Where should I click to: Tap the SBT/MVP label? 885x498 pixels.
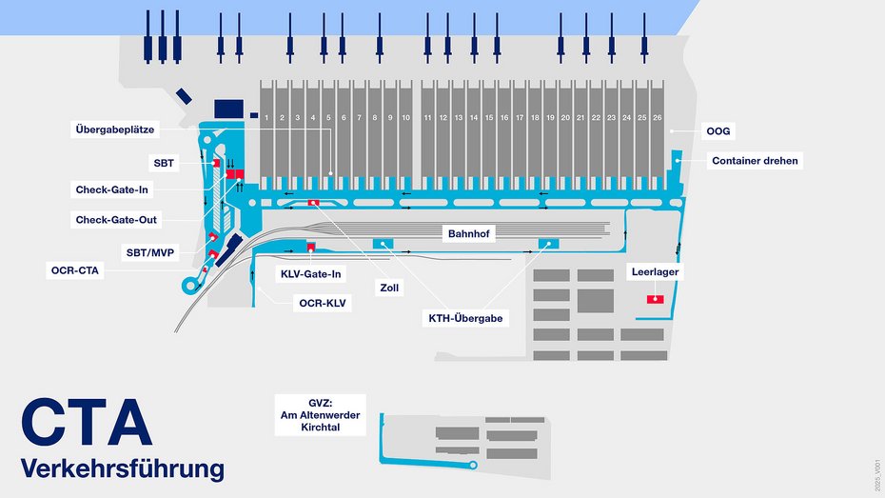pyautogui.click(x=152, y=252)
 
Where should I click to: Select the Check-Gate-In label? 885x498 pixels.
pyautogui.click(x=112, y=189)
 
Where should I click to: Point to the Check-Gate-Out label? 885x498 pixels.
pyautogui.click(x=117, y=220)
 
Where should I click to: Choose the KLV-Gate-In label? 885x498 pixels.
pyautogui.click(x=310, y=274)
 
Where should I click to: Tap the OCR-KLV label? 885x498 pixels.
pyautogui.click(x=324, y=303)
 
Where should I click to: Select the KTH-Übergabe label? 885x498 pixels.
pyautogui.click(x=465, y=318)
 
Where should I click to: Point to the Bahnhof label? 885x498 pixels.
pyautogui.click(x=471, y=232)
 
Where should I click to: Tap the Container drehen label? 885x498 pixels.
pyautogui.click(x=755, y=161)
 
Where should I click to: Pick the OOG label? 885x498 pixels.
pyautogui.click(x=718, y=129)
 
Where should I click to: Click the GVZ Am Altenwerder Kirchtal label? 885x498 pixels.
pyautogui.click(x=321, y=415)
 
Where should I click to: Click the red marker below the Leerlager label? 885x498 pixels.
pyautogui.click(x=655, y=299)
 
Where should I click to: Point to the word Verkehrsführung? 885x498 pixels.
pyautogui.click(x=122, y=468)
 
